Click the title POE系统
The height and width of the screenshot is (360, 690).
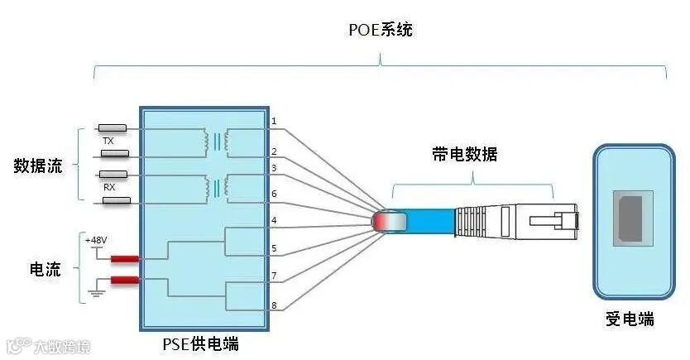point(381,31)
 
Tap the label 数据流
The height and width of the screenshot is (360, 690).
point(38,166)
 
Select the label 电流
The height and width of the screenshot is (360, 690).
point(45,269)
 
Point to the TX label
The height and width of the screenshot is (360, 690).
point(108,142)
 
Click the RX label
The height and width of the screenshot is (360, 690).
point(108,187)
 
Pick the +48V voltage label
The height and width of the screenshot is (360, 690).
point(96,239)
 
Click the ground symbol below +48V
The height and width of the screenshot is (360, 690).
point(96,291)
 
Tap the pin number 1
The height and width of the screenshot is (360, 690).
point(274,122)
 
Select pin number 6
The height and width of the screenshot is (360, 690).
point(274,193)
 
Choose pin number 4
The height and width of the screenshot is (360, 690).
point(274,220)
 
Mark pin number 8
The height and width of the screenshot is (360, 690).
point(274,305)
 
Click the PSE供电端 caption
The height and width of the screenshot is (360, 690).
point(204,342)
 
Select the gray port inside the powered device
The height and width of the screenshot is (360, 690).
point(632,218)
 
